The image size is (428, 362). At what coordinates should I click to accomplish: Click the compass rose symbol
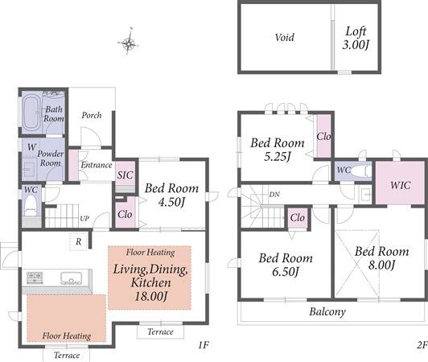click(x=128, y=43)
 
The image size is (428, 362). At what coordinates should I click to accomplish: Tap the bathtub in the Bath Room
click(x=31, y=113)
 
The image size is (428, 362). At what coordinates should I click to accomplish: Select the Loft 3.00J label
click(x=356, y=38)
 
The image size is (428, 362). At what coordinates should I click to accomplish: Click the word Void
click(x=285, y=37)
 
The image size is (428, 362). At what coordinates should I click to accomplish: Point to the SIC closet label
click(x=126, y=175)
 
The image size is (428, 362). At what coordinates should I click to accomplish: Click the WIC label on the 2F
click(x=400, y=185)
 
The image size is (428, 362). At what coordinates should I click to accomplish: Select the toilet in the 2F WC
click(x=360, y=171)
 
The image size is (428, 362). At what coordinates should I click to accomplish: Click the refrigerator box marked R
click(x=78, y=241)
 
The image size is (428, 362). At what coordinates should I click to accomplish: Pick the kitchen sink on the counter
click(x=72, y=278)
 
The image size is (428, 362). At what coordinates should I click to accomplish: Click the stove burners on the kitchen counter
click(x=35, y=277)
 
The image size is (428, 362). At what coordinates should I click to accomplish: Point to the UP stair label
click(x=84, y=219)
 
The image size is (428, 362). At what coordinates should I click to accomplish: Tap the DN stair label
click(x=274, y=195)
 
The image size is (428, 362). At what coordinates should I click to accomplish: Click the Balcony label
click(x=327, y=311)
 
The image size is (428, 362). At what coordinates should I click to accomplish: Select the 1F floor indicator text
click(x=204, y=345)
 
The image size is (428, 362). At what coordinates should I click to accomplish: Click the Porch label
click(x=92, y=115)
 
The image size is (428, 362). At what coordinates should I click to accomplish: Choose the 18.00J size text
click(x=151, y=297)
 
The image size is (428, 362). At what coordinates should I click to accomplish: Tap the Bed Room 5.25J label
click(x=278, y=150)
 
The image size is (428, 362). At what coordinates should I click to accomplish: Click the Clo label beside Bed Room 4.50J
click(x=125, y=215)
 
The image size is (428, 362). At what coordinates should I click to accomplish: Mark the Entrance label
click(x=97, y=165)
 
